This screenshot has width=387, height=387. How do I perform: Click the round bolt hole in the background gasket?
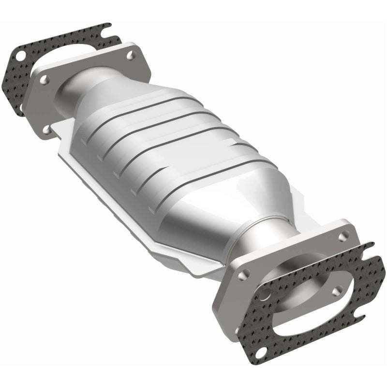tap(20, 56)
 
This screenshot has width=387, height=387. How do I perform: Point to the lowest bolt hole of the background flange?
tap(47, 129)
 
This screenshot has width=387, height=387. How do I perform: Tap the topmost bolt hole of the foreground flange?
tap(343, 237)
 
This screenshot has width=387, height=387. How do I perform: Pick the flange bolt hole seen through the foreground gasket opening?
tap(338, 291)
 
